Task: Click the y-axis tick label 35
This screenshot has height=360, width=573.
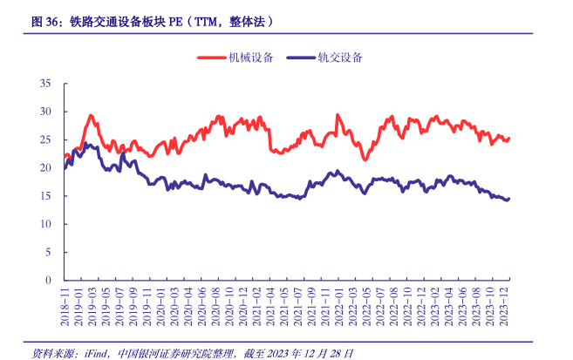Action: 45,84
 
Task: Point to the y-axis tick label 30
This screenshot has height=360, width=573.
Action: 45,112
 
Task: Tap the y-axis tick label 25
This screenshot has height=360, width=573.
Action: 45,139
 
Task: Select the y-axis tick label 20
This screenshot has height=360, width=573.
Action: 45,167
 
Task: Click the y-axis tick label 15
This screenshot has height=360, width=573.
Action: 45,196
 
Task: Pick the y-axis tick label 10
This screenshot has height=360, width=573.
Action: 45,224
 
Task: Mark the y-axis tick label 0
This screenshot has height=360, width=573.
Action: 49,280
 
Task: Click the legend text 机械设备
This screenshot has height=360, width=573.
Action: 251,58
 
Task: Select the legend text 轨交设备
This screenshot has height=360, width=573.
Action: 340,58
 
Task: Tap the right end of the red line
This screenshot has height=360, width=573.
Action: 508,139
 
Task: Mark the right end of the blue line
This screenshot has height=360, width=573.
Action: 508,198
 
